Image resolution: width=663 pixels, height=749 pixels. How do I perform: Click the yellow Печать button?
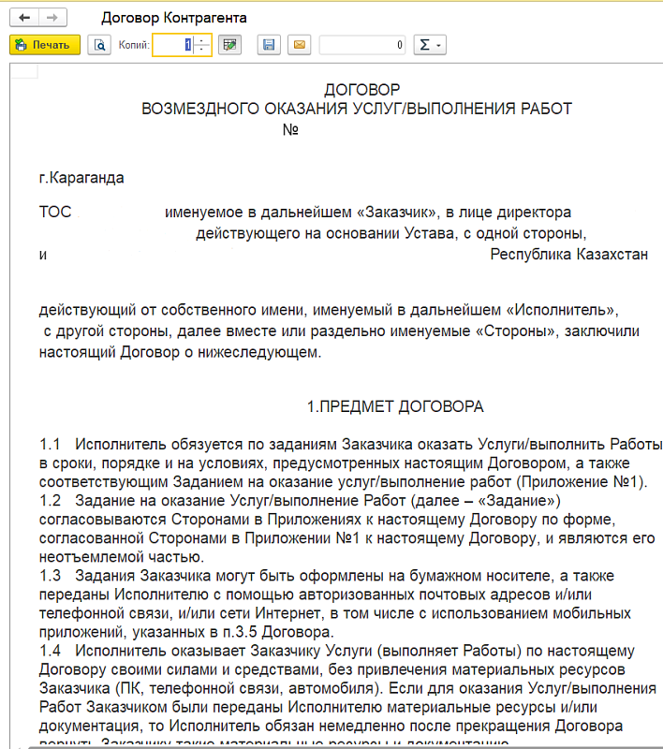click(44, 44)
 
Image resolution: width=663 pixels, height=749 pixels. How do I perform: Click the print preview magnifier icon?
click(99, 44)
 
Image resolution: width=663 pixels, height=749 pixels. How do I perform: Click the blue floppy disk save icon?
click(269, 44)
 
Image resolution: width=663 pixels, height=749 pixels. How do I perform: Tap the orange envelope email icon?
click(299, 44)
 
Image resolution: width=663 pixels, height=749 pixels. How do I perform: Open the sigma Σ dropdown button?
click(430, 44)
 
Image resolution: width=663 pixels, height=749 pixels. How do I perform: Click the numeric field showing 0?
click(362, 44)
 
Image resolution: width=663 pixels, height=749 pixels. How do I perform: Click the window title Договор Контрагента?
click(161, 18)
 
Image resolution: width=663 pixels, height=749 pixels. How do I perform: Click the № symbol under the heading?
click(290, 129)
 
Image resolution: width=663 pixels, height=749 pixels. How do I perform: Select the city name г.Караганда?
click(81, 177)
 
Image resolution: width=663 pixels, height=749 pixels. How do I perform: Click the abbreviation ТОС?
click(54, 212)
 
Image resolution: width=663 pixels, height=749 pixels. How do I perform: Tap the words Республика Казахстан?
click(568, 254)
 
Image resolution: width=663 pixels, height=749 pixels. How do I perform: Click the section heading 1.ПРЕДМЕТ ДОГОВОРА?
click(395, 406)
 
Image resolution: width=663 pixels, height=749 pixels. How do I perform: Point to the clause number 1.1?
click(50, 442)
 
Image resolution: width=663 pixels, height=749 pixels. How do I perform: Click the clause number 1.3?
click(50, 573)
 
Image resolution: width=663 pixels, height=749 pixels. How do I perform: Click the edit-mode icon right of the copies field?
click(231, 44)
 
